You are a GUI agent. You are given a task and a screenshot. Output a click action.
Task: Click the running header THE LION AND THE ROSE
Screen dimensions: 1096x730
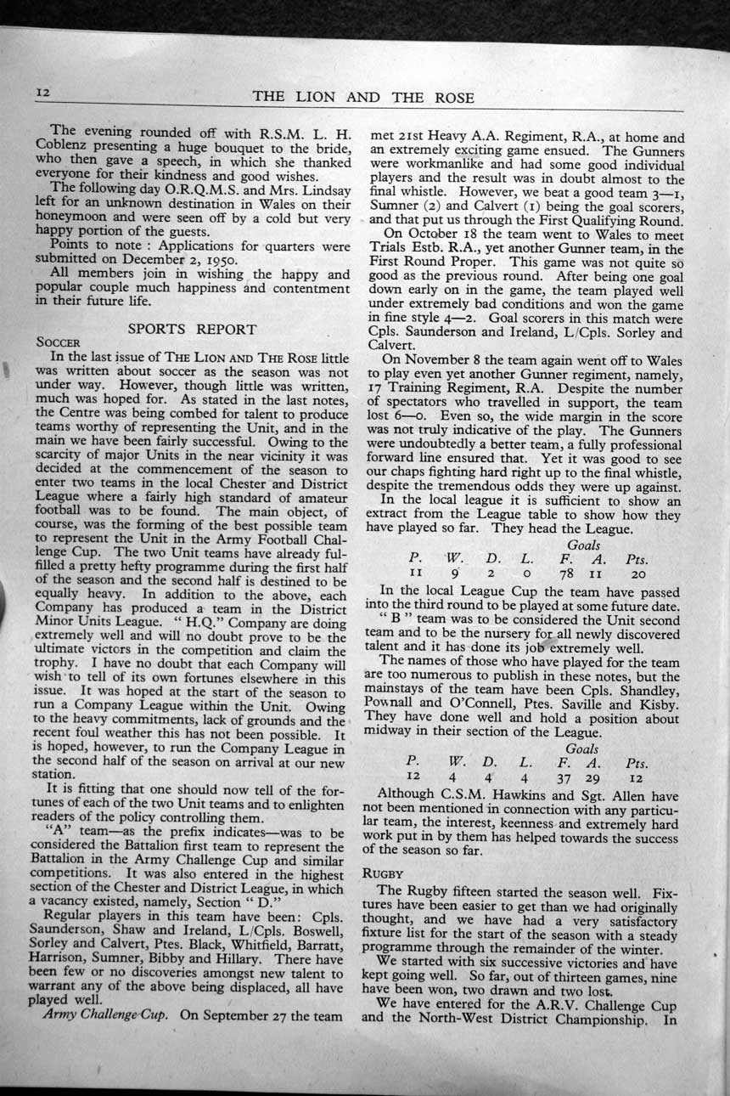click(x=364, y=97)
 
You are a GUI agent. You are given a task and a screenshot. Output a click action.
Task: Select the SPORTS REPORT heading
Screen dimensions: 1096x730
click(x=191, y=328)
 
